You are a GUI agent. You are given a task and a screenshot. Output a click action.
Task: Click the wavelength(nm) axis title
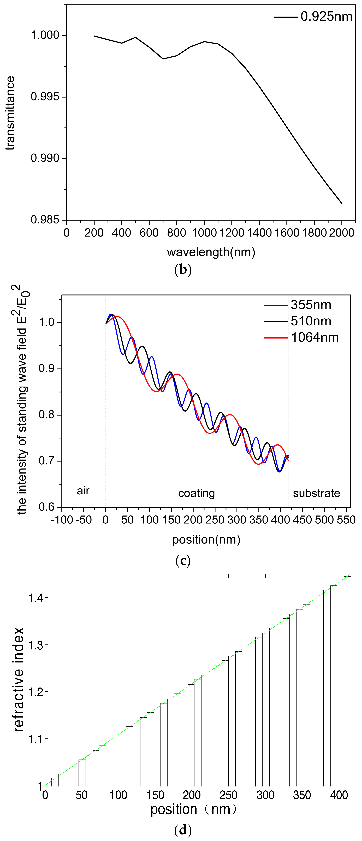coord(211,252)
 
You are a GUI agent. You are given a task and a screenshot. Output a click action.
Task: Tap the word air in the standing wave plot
coord(83,491)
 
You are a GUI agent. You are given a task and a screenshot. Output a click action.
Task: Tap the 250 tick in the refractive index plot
coord(228,795)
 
